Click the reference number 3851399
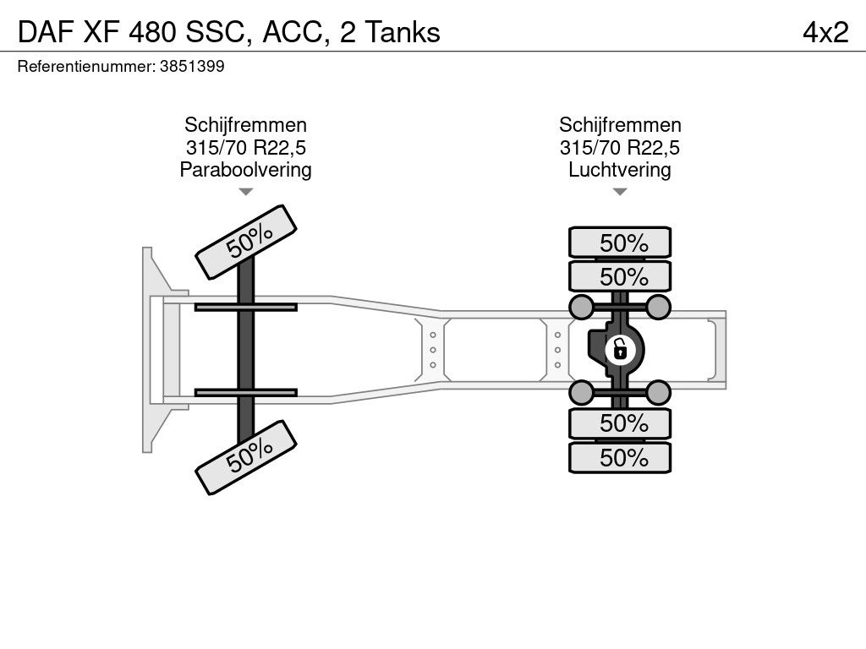click(x=192, y=67)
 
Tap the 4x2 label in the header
click(x=825, y=33)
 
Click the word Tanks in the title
click(x=403, y=33)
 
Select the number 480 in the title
click(x=153, y=33)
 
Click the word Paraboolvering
click(x=246, y=169)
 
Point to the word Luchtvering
click(x=620, y=169)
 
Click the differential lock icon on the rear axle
click(x=619, y=350)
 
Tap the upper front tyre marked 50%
click(x=246, y=243)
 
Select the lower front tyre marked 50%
click(x=246, y=457)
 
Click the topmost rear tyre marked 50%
click(x=620, y=243)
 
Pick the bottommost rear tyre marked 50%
click(x=620, y=457)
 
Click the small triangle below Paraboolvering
click(x=246, y=192)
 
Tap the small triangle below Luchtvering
click(x=620, y=192)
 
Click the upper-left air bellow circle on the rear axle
click(x=581, y=307)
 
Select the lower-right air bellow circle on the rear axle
click(x=658, y=393)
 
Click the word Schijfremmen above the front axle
click(x=246, y=125)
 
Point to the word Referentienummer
click(x=86, y=67)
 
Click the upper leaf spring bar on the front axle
click(x=246, y=308)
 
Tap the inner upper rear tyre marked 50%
click(x=620, y=276)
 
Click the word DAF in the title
click(x=46, y=33)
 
